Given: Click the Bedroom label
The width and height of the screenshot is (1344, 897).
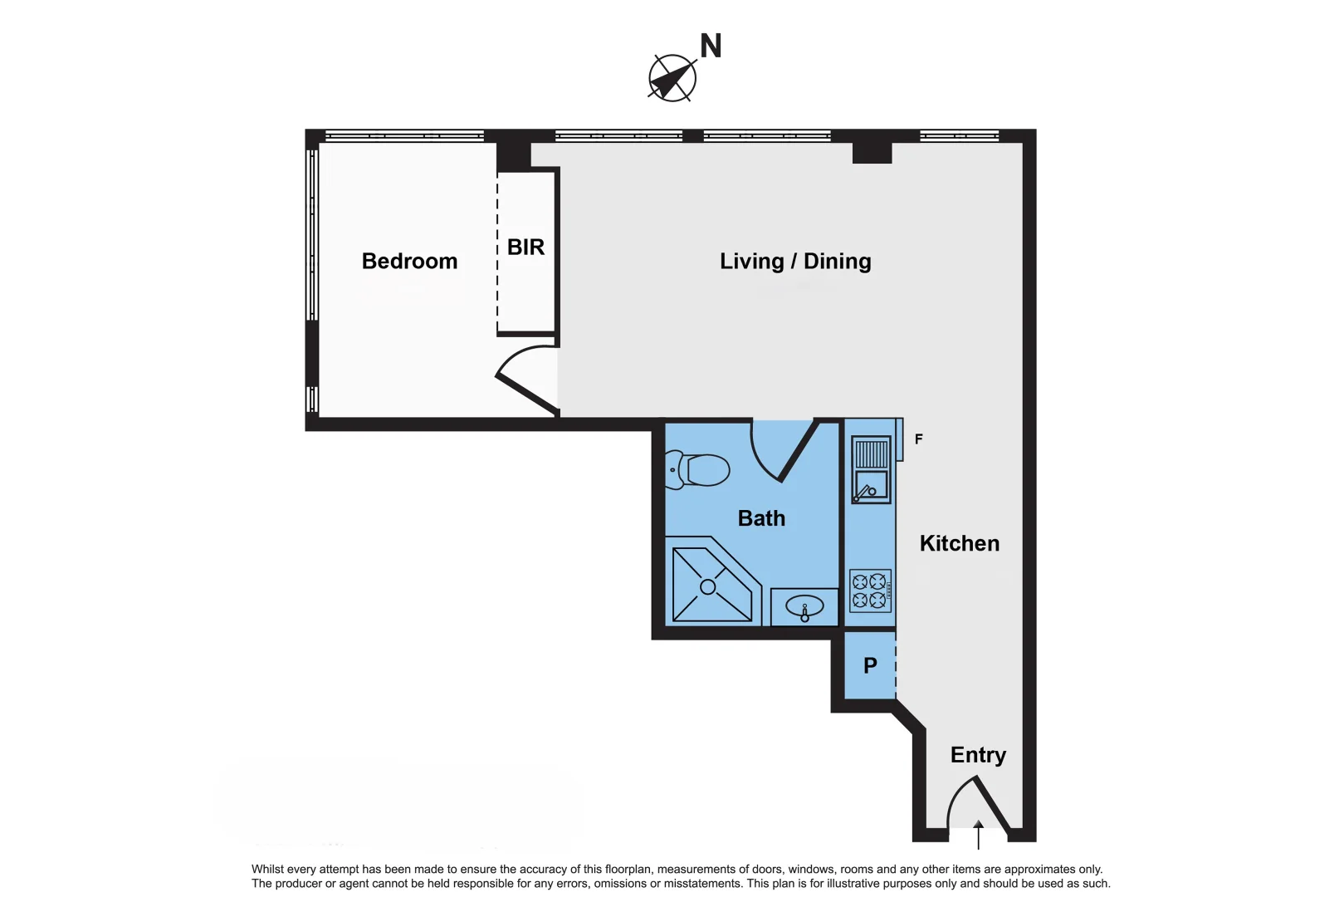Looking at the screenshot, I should pyautogui.click(x=409, y=261).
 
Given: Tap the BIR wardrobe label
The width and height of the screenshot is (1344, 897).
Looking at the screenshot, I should pyautogui.click(x=525, y=248).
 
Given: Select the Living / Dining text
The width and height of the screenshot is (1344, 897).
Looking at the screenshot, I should pyautogui.click(x=794, y=261).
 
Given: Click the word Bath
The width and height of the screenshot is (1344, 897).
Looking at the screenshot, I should pyautogui.click(x=761, y=518).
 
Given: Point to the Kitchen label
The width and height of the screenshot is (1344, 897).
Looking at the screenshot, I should pyautogui.click(x=959, y=543).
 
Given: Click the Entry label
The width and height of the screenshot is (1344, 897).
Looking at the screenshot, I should pyautogui.click(x=978, y=755).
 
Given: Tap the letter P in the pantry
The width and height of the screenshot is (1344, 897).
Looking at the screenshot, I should pyautogui.click(x=870, y=666).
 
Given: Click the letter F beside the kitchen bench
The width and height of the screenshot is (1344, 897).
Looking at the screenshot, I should pyautogui.click(x=918, y=439).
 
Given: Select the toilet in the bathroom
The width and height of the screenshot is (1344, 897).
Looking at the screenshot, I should pyautogui.click(x=701, y=470).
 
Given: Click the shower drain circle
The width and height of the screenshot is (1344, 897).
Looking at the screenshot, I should pyautogui.click(x=707, y=587).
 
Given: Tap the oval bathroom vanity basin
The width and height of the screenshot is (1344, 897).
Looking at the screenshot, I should pyautogui.click(x=804, y=607).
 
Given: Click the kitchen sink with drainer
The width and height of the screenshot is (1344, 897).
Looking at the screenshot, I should pyautogui.click(x=871, y=470).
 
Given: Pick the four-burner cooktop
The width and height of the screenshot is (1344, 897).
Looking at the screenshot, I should pyautogui.click(x=870, y=591).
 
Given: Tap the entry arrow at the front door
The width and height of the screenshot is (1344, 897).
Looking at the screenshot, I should pyautogui.click(x=978, y=834).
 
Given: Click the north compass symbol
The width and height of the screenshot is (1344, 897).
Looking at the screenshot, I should pyautogui.click(x=672, y=79).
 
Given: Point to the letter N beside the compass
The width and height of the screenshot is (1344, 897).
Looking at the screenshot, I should pyautogui.click(x=711, y=47).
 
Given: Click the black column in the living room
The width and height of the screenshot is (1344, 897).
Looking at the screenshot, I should pyautogui.click(x=872, y=152).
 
